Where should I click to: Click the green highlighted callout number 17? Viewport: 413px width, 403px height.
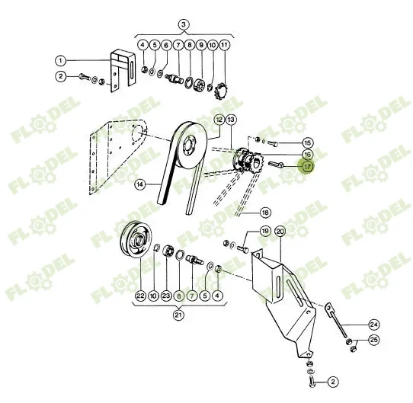307,167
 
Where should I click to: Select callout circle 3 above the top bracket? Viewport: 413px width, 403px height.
184,24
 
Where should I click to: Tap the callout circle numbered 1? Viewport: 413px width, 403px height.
61,61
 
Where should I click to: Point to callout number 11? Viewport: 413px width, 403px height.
223,45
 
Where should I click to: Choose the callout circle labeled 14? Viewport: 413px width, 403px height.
140,184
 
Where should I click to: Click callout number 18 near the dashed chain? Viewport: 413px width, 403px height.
265,213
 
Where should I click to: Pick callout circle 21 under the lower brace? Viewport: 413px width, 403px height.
178,315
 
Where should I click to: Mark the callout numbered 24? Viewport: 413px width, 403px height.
373,325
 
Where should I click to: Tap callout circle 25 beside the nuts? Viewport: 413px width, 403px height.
373,340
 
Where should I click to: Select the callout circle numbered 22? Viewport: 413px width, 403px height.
140,296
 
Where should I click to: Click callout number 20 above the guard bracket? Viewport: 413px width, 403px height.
280,232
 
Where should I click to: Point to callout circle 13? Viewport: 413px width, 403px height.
231,120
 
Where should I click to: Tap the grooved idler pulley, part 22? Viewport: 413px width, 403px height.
136,239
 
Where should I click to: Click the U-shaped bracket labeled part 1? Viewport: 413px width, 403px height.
123,71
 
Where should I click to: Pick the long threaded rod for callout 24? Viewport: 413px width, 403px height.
338,321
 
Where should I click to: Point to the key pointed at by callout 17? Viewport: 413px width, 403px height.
276,165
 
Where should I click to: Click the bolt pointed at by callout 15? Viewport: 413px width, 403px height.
272,143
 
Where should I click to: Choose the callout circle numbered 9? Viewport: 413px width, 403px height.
201,45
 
